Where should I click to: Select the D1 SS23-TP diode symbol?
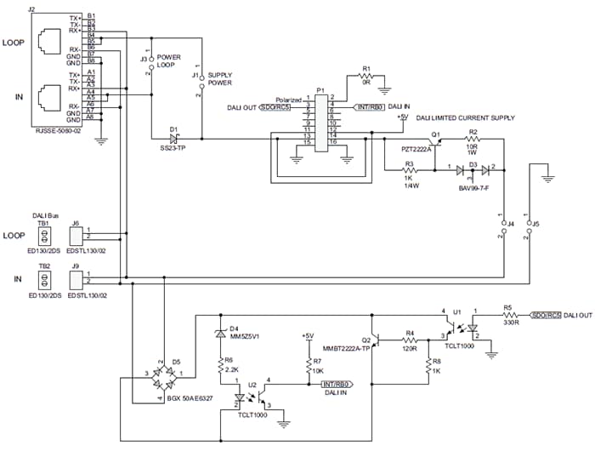pos(175,137)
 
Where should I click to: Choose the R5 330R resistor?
pos(507,315)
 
